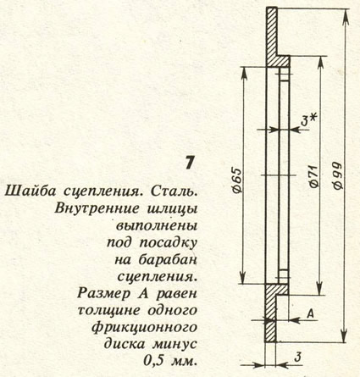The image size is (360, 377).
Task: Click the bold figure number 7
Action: point(190,163)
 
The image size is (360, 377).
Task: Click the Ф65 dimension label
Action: point(238,180)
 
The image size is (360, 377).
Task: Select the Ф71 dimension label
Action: point(313,176)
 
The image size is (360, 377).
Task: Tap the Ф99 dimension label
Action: point(338,176)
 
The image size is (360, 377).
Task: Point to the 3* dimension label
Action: point(307,120)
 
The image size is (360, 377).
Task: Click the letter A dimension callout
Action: point(310,313)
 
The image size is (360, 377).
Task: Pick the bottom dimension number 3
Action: point(297,358)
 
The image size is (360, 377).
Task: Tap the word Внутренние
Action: point(97,209)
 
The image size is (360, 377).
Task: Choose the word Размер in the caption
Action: point(103,294)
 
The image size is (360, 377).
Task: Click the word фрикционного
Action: point(144,328)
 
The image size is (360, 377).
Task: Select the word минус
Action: point(175,344)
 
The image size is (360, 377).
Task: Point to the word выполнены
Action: point(157,226)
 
